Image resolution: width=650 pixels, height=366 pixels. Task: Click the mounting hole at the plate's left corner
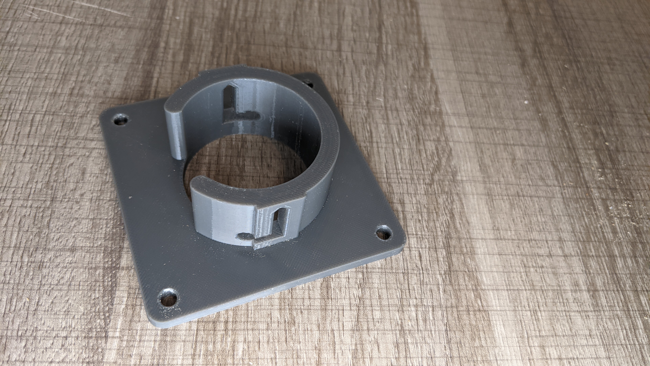(121, 120)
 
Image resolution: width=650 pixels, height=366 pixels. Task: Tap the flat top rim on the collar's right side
(328, 141)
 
